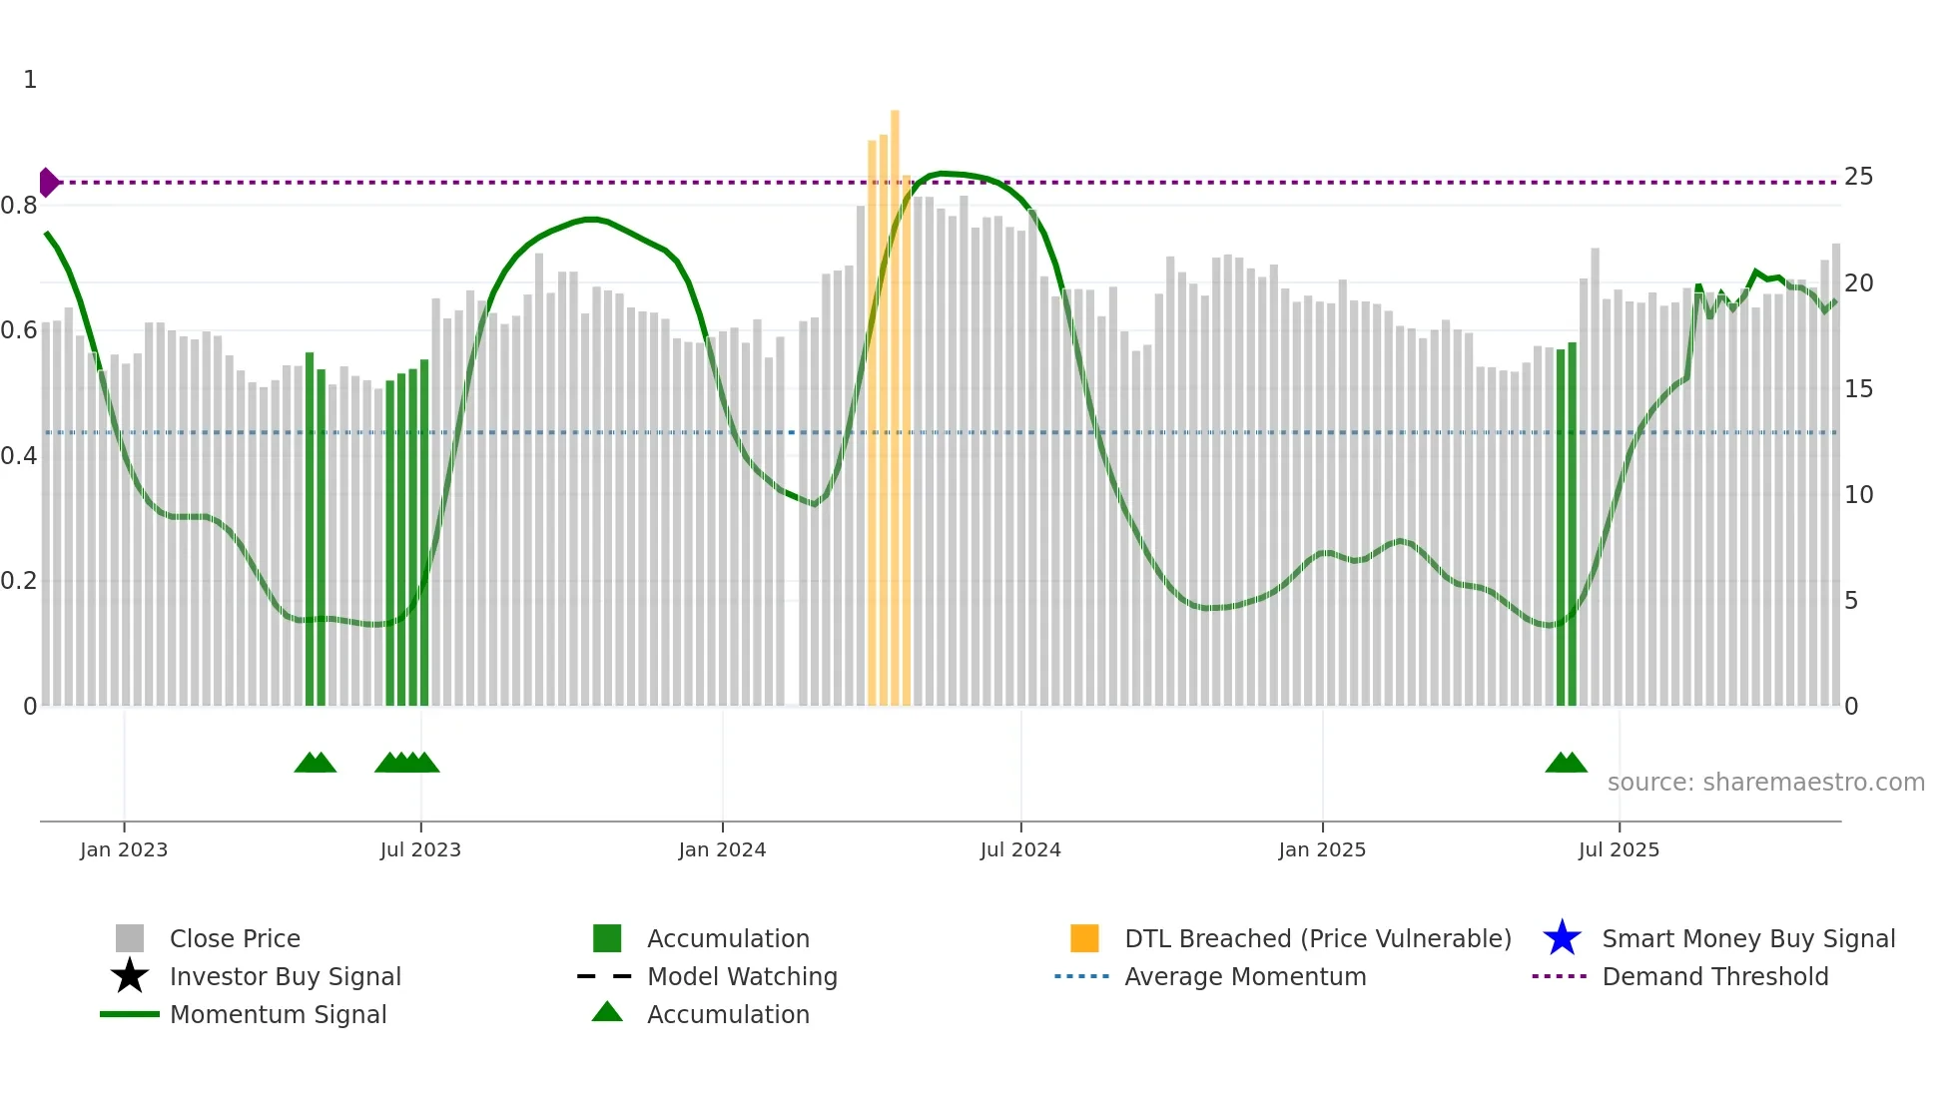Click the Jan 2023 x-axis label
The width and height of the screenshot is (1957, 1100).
click(124, 849)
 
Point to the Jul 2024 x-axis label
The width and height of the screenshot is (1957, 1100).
click(1020, 849)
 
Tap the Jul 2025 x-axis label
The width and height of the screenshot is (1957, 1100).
click(1619, 849)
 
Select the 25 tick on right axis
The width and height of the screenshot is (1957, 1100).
click(1858, 177)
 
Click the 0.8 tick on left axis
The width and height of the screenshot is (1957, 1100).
click(19, 206)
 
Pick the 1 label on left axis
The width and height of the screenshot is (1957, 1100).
click(30, 80)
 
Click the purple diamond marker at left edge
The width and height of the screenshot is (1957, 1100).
click(48, 183)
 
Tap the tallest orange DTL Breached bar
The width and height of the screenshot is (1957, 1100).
click(895, 399)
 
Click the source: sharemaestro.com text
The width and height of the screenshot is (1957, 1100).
click(1765, 783)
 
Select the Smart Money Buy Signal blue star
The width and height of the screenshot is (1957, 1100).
click(1562, 938)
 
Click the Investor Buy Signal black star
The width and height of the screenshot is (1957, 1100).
click(130, 976)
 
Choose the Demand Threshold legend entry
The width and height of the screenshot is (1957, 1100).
click(1714, 976)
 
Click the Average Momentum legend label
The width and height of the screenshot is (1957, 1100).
click(1244, 976)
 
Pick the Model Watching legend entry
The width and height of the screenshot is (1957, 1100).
click(741, 976)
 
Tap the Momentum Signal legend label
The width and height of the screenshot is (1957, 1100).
click(278, 1014)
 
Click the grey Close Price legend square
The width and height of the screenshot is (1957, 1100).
click(130, 938)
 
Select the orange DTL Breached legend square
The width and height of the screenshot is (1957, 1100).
click(1084, 938)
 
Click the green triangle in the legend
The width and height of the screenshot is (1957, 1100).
click(607, 1012)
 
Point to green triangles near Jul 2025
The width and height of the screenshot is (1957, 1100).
click(1566, 764)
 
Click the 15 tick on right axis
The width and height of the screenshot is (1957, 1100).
click(1858, 389)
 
